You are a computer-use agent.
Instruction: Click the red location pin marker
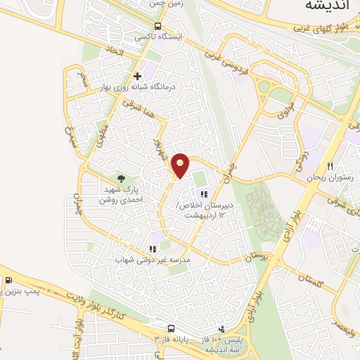click(x=181, y=165)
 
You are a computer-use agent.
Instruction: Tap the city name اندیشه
click(x=328, y=6)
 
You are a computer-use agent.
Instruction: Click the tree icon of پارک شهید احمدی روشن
click(x=121, y=179)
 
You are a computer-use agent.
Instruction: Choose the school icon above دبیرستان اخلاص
click(x=204, y=194)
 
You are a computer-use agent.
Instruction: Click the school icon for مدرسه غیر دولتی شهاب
click(x=153, y=249)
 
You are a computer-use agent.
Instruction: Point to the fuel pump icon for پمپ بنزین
click(x=8, y=281)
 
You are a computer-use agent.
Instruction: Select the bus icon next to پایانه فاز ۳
click(x=171, y=328)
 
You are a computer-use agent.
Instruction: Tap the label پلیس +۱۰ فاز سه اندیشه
click(x=222, y=344)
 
